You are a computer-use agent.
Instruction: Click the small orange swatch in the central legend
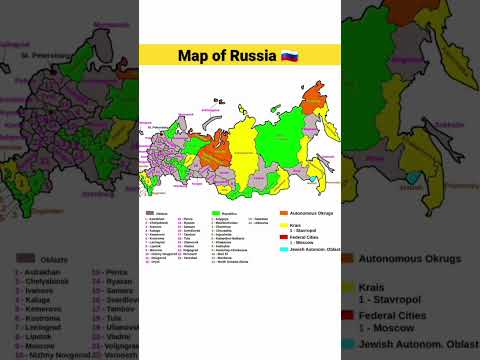(285, 212)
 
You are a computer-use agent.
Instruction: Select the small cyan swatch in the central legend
(285, 248)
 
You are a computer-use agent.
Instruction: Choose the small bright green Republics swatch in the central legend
(215, 213)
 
